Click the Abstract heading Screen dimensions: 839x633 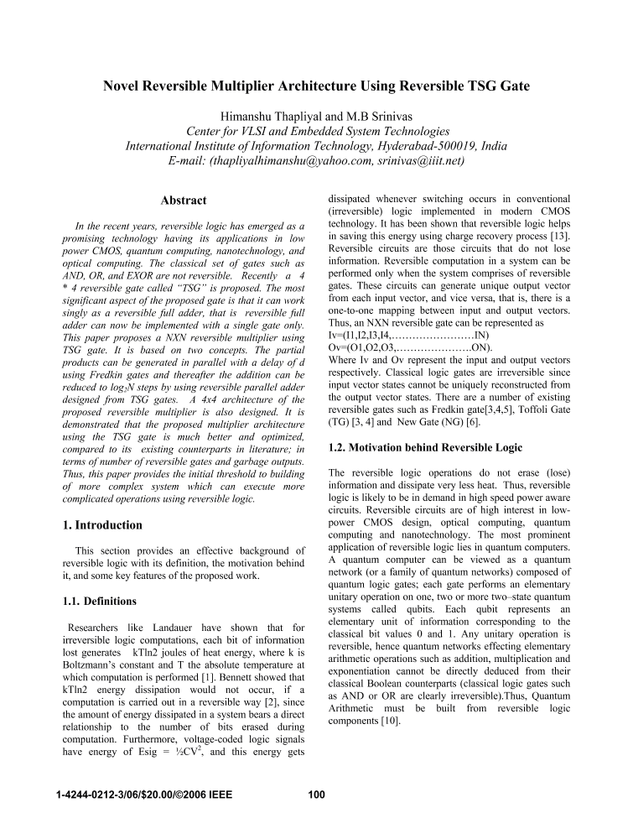pos(183,201)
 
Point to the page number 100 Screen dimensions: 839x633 pos(316,795)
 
